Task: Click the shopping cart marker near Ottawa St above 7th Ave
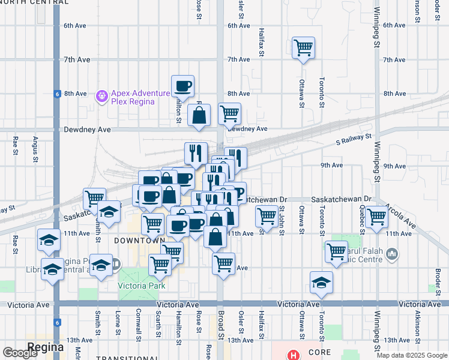[x=303, y=47]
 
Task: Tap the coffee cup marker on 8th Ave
[x=182, y=85]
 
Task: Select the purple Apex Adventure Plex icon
[x=101, y=95]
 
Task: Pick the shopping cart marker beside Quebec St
[x=377, y=216]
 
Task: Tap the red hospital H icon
[x=293, y=355]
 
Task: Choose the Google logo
[x=20, y=353]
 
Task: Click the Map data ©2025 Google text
[x=412, y=356]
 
